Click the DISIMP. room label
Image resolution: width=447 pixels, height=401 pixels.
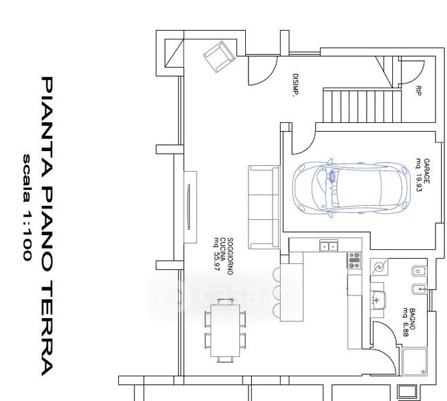tap(295, 84)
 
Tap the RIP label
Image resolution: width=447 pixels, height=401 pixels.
tap(418, 91)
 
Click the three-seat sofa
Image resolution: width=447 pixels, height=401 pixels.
tap(263, 205)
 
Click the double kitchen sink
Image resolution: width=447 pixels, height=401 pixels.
tap(328, 247)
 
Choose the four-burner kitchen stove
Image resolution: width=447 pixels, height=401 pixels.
tap(354, 259)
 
